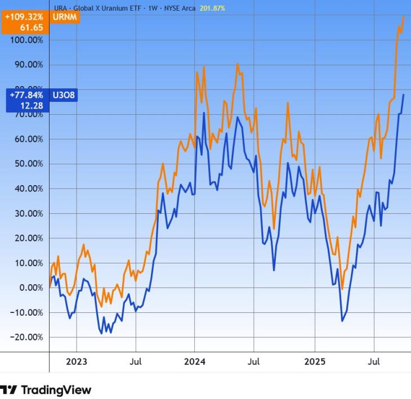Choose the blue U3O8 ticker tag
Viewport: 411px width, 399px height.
[64, 95]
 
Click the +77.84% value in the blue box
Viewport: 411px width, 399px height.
[26, 95]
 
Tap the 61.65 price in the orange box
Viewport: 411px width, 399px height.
[32, 26]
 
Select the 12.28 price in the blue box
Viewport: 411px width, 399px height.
[32, 105]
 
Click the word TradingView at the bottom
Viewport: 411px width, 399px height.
[56, 389]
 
